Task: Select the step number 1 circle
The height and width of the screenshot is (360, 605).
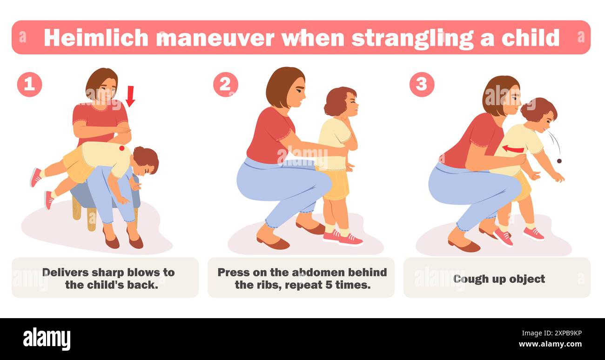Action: click(29, 84)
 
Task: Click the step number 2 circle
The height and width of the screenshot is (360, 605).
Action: click(225, 84)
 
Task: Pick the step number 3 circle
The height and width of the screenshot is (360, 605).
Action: click(421, 84)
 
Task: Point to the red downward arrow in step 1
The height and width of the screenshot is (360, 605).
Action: click(130, 95)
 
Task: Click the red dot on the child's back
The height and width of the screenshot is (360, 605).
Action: click(122, 148)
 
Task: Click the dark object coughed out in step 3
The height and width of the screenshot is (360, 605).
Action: click(559, 161)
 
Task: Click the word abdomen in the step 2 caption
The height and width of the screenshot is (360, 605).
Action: click(318, 272)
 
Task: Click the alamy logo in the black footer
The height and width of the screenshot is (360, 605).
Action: click(47, 339)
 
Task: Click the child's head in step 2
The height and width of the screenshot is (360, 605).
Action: click(342, 101)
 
